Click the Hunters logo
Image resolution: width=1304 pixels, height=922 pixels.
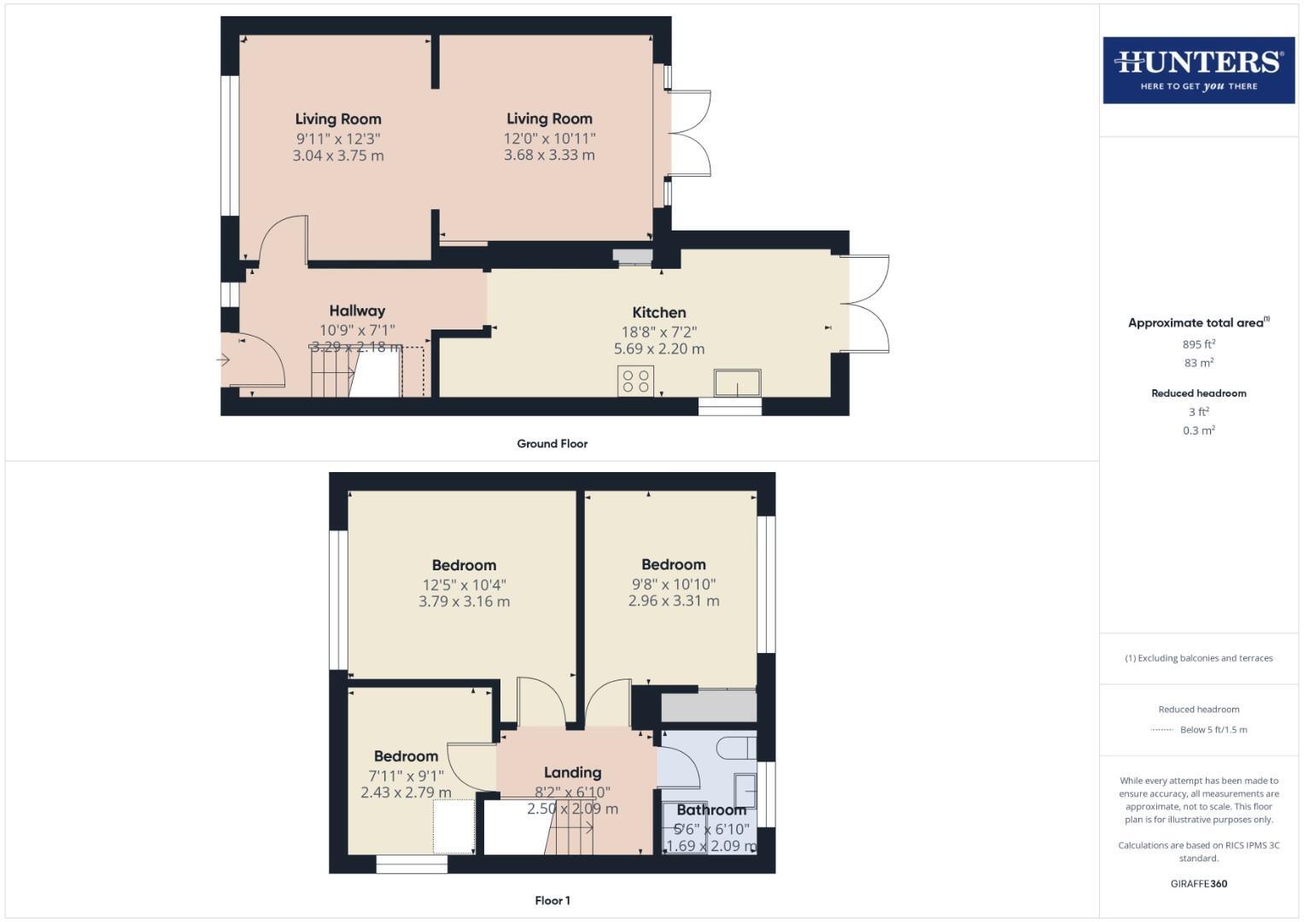(1198, 70)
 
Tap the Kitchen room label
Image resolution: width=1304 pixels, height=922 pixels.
(658, 312)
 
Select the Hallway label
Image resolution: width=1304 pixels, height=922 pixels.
(357, 311)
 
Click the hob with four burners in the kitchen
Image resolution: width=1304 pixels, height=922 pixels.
(635, 381)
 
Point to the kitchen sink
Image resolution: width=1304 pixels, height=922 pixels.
(738, 383)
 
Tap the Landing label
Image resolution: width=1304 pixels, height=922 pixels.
(572, 773)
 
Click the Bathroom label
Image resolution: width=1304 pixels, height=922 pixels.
(711, 809)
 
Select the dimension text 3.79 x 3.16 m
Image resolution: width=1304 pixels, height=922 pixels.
(464, 601)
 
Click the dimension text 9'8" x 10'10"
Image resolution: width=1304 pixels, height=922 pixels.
(674, 584)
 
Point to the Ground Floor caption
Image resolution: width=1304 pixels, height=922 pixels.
(552, 444)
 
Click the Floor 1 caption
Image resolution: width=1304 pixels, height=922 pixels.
(552, 901)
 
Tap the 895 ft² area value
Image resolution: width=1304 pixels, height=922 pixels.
(1198, 345)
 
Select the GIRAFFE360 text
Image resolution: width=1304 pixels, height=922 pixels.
(1198, 884)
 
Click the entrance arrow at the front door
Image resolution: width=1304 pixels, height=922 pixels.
(224, 360)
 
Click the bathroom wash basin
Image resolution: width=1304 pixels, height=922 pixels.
(745, 791)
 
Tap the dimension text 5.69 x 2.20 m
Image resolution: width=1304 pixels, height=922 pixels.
(658, 348)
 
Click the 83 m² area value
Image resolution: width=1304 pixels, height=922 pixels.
(1198, 363)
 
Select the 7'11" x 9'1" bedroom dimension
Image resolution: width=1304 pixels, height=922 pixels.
(406, 776)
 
